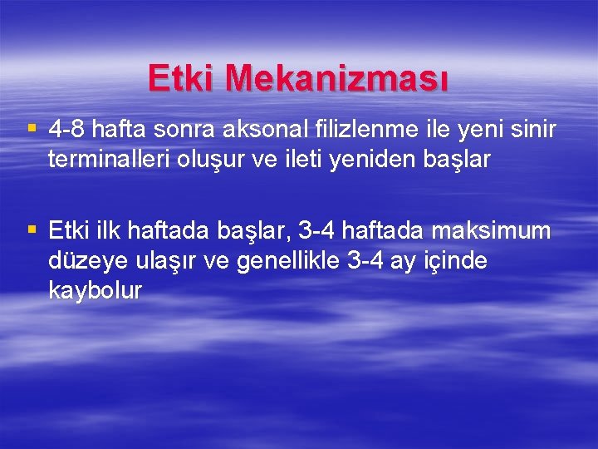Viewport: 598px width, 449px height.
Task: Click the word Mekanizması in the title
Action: [338, 79]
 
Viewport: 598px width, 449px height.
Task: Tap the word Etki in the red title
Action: [183, 79]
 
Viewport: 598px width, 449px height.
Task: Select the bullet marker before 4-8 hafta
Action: [32, 128]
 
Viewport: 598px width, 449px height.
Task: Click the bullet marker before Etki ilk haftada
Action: [32, 228]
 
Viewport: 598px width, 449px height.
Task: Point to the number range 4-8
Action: [67, 130]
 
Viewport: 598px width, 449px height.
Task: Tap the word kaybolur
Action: [96, 291]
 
